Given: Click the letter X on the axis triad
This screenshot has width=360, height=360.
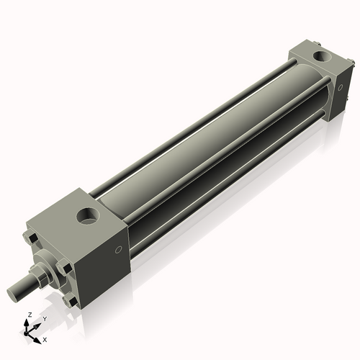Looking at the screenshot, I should pos(45,338).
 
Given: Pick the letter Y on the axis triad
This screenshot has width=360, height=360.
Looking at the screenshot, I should pos(44,318).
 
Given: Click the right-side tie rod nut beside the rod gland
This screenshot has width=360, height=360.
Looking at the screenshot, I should pos(67,269).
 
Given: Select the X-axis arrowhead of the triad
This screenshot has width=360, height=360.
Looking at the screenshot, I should pos(39,337).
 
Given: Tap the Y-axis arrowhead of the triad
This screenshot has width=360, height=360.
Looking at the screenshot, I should pos(38,323).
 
